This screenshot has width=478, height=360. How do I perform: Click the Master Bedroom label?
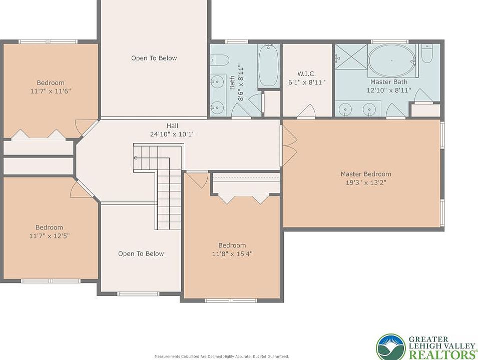(x=366, y=174)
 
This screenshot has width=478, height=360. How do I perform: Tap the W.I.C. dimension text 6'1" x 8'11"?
(x=307, y=82)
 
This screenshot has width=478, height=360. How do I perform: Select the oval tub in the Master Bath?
(x=391, y=60)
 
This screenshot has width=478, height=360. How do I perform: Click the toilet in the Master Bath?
(x=427, y=53)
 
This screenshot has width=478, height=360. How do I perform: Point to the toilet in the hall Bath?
(x=220, y=59)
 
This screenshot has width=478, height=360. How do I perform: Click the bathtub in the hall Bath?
(x=268, y=65)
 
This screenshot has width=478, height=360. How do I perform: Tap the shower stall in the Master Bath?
(x=351, y=57)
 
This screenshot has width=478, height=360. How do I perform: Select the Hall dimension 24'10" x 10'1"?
(x=172, y=134)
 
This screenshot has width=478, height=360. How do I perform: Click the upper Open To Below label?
(x=154, y=58)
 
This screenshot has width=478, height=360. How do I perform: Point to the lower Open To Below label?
(x=141, y=253)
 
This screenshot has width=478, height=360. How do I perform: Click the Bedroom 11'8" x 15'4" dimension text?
(x=232, y=253)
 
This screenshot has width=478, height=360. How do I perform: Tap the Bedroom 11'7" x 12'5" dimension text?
(x=50, y=235)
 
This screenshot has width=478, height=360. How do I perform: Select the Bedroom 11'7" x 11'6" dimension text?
(x=51, y=91)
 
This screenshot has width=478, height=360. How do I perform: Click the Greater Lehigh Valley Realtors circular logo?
(x=391, y=347)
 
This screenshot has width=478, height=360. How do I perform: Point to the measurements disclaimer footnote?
(x=222, y=356)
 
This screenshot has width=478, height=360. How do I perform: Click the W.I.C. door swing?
(x=306, y=111)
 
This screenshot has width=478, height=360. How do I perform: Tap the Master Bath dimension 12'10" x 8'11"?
(x=389, y=90)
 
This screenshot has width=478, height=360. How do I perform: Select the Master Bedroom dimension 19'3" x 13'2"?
(x=366, y=182)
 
